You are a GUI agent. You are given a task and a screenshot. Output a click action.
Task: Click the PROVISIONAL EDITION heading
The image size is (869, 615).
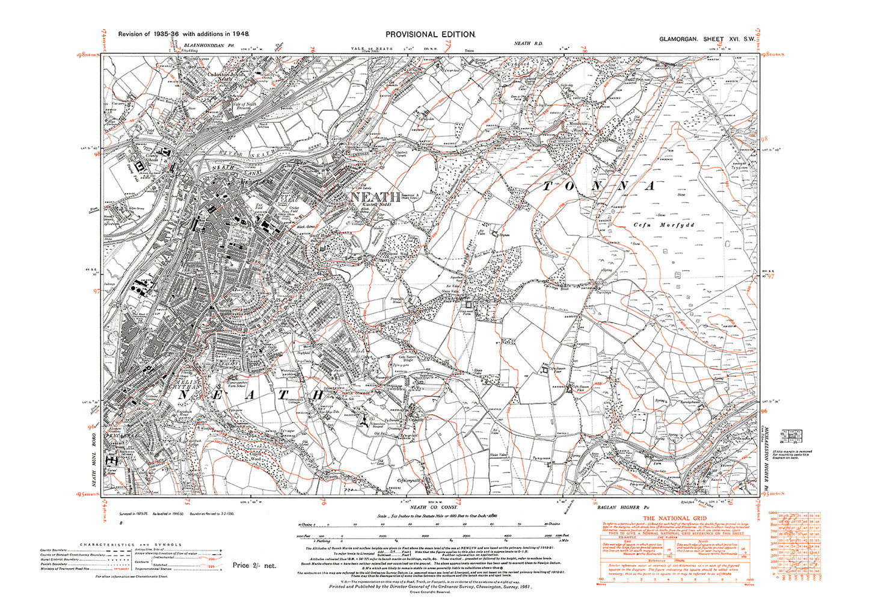430,35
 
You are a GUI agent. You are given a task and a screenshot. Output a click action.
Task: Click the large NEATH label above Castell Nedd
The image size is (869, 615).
375,197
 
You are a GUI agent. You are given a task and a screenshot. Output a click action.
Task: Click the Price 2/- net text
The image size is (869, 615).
254,565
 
